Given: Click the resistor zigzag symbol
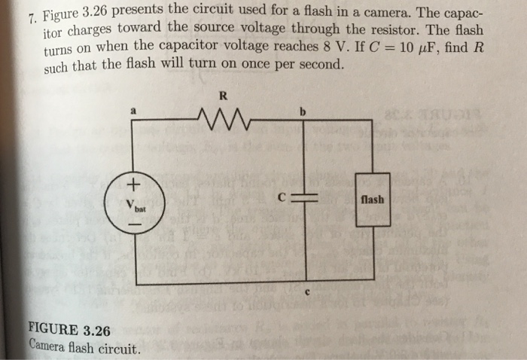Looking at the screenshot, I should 220,117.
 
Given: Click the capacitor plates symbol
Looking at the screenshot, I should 306,200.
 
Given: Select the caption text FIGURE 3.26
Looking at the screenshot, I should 69,330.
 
